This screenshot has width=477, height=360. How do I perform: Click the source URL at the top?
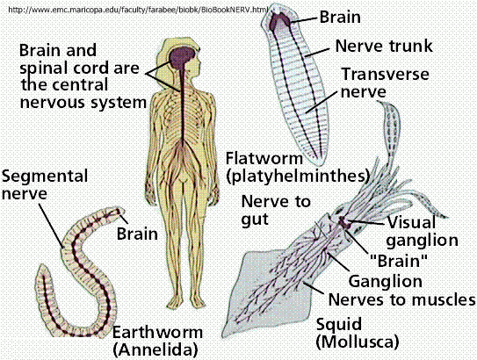tap(139, 10)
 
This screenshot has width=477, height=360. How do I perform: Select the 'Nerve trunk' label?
tap(384, 46)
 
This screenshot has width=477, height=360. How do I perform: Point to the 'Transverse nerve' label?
tap(385, 83)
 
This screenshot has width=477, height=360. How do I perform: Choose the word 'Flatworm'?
tap(264, 158)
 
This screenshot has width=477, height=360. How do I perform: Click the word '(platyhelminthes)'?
tap(298, 176)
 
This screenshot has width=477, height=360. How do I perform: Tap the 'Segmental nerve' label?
tap(45, 185)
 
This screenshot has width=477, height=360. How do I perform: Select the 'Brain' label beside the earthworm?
tap(138, 234)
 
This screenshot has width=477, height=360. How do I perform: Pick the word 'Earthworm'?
tap(157, 332)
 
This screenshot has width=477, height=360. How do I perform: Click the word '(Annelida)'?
tap(155, 349)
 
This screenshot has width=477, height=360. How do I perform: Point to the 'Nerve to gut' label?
tap(276, 211)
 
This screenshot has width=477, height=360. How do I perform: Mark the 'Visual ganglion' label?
tap(423, 232)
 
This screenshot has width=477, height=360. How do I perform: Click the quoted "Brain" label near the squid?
tap(399, 261)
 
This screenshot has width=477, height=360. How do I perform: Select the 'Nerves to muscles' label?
tap(401, 299)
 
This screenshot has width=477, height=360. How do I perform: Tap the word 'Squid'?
tap(339, 324)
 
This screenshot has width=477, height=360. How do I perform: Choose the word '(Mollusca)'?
tap(358, 342)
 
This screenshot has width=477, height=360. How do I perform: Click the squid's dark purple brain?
tap(344, 222)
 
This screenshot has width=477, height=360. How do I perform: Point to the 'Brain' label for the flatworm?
tap(340, 17)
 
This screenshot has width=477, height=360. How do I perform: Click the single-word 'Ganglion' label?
tap(385, 281)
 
